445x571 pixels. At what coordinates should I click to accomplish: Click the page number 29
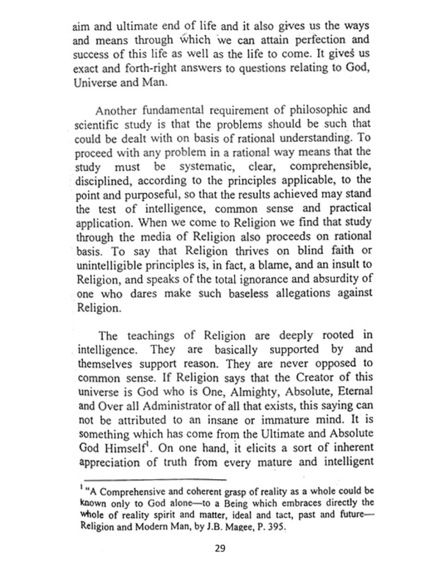220,549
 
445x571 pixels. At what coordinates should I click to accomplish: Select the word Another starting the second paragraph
116,111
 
